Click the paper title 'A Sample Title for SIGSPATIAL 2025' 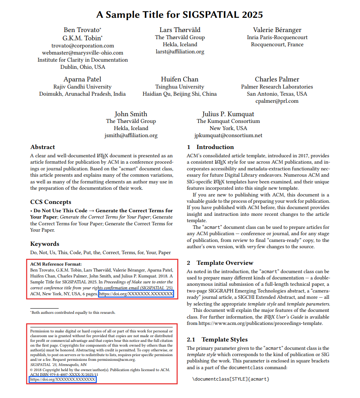click(x=180, y=15)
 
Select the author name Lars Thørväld click(x=180, y=30)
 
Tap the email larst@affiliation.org click(x=180, y=51)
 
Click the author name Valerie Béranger click(x=277, y=30)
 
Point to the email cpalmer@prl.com click(x=277, y=101)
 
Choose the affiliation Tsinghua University click(x=180, y=87)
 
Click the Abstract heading click(x=43, y=147)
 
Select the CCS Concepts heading click(x=51, y=202)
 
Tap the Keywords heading click(x=45, y=244)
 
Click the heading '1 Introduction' click(x=205, y=147)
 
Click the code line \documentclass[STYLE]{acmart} click(x=231, y=379)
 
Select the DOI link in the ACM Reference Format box click(x=136, y=294)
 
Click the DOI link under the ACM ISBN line click(x=63, y=379)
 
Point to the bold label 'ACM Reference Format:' click(x=56, y=264)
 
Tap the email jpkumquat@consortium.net click(x=228, y=135)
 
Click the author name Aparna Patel click(x=82, y=79)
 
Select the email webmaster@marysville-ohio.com click(x=82, y=53)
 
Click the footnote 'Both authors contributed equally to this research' click(x=73, y=313)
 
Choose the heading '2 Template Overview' click(x=220, y=263)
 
